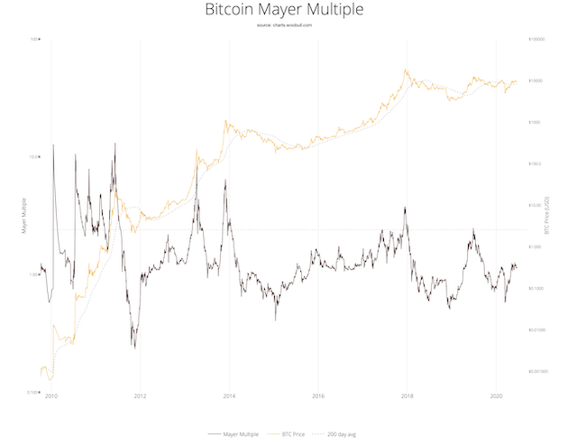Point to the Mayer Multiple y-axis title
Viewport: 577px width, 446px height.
pyautogui.click(x=23, y=216)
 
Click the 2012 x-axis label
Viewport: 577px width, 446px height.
pyautogui.click(x=140, y=395)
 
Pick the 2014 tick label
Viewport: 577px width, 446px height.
pyautogui.click(x=229, y=395)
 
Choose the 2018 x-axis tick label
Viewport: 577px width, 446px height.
pyautogui.click(x=407, y=395)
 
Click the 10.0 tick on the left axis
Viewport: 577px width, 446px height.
pyautogui.click(x=35, y=157)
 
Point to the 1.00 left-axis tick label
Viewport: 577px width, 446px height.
pyautogui.click(x=35, y=274)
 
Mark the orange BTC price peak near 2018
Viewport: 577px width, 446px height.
pyautogui.click(x=407, y=70)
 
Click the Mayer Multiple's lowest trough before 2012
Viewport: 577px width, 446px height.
pyautogui.click(x=134, y=347)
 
